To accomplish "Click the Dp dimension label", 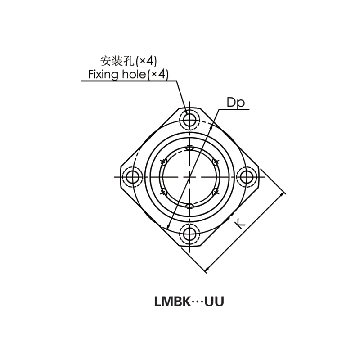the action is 235,103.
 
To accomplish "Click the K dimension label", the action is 240,224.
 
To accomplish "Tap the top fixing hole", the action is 189,120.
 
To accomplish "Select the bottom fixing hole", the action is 189,234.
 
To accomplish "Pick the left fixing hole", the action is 132,177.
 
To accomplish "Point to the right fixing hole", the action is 246,177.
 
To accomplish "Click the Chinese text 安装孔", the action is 117,61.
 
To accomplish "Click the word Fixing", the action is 103,75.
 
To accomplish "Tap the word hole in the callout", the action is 134,74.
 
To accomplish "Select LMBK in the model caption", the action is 172,301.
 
